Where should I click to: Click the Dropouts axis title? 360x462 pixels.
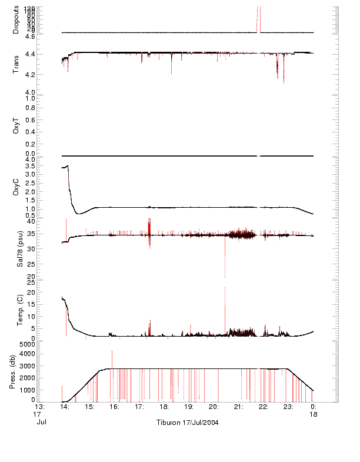pyautogui.click(x=16, y=19)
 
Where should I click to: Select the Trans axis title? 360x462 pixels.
pyautogui.click(x=16, y=64)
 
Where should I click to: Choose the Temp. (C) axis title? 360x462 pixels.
pyautogui.click(x=16, y=310)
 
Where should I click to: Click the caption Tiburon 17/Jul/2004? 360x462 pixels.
pyautogui.click(x=188, y=423)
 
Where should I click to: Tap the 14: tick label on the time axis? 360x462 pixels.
pyautogui.click(x=65, y=407)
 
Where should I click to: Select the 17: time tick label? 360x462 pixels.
pyautogui.click(x=139, y=407)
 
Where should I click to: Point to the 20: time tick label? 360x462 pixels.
pyautogui.click(x=214, y=407)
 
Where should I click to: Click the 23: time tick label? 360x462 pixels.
pyautogui.click(x=289, y=407)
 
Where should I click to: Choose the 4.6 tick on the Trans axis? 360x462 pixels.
pyautogui.click(x=29, y=36)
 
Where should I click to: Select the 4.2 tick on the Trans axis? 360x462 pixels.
pyautogui.click(x=29, y=75)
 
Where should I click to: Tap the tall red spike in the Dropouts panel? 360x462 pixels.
pyautogui.click(x=258, y=18)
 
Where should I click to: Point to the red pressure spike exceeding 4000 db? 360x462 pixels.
pyautogui.click(x=112, y=353)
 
